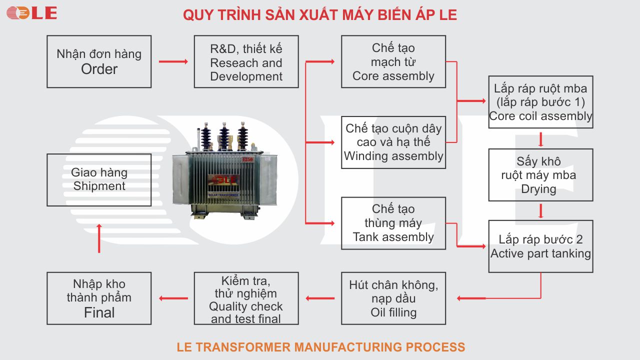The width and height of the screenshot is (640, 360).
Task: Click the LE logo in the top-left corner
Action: point(31,13)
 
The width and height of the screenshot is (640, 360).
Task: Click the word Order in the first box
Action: point(99,69)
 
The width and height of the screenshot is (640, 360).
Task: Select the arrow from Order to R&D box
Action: point(173,61)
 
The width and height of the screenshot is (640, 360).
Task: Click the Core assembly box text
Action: point(393,76)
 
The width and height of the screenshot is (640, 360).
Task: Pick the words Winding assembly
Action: point(393,156)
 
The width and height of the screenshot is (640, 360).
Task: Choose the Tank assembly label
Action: point(393,237)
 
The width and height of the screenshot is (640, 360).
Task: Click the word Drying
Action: point(538,189)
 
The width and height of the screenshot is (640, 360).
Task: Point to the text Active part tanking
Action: point(540,253)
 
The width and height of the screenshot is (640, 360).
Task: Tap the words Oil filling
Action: point(393,312)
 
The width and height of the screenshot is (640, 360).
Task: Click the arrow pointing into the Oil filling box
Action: point(470,298)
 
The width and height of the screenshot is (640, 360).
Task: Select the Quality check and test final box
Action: point(246,298)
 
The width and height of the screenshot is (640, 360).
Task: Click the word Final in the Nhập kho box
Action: point(99,313)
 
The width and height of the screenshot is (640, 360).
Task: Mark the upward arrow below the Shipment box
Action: point(99,237)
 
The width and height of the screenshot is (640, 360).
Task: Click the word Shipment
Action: point(99,186)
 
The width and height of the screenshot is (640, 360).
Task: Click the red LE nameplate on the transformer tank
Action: point(225,179)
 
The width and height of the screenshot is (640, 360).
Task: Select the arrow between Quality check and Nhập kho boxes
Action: point(173,298)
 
